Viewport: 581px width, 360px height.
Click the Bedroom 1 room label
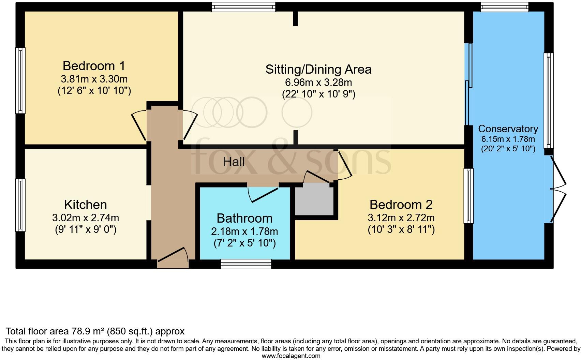pyautogui.click(x=94, y=66)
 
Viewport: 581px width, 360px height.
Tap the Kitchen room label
pyautogui.click(x=86, y=205)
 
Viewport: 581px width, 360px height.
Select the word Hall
pyautogui.click(x=234, y=162)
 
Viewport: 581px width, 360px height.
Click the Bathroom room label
pyautogui.click(x=244, y=218)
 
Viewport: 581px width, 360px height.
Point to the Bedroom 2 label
pyautogui.click(x=401, y=205)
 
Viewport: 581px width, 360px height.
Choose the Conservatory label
pyautogui.click(x=508, y=129)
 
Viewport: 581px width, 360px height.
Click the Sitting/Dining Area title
pyautogui.click(x=318, y=70)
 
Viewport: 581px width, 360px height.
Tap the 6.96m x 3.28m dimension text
pyautogui.click(x=318, y=82)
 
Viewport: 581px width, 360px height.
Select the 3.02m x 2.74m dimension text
pyautogui.click(x=86, y=217)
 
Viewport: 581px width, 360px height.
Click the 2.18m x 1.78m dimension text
pyautogui.click(x=244, y=231)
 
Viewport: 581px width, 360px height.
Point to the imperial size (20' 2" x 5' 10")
pyautogui.click(x=508, y=149)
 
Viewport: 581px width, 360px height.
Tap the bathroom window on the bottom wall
pyautogui.click(x=246, y=264)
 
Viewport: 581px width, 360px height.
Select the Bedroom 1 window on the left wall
pyautogui.click(x=20, y=80)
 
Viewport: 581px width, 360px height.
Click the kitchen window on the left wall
pyautogui.click(x=20, y=205)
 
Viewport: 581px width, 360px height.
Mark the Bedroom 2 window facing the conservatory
pyautogui.click(x=468, y=196)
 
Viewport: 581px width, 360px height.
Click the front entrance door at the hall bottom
pyautogui.click(x=173, y=258)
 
